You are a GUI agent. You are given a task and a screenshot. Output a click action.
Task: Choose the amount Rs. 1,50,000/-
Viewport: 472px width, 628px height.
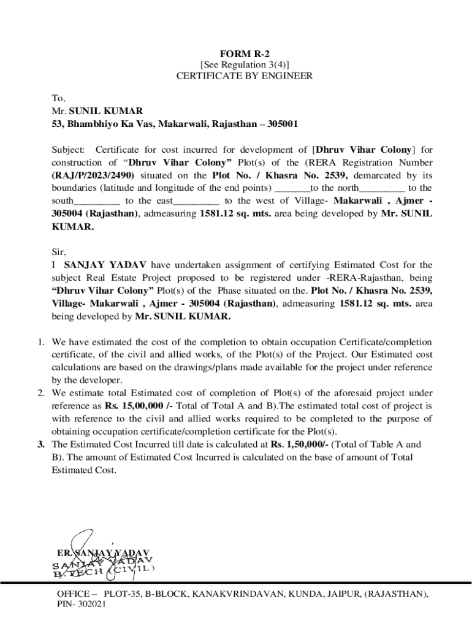[x=300, y=445]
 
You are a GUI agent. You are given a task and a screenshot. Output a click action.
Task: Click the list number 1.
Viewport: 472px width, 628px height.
[x=37, y=342]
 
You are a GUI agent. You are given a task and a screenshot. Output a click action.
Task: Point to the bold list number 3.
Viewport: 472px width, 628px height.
[x=37, y=445]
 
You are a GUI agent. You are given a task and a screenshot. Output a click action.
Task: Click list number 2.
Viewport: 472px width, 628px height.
[x=37, y=393]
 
